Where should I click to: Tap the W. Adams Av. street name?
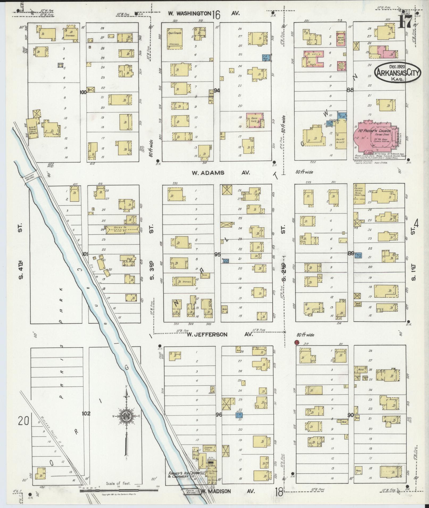(221, 173)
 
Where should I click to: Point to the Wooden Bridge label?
(31, 180)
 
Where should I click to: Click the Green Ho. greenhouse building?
(122, 229)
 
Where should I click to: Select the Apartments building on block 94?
(174, 39)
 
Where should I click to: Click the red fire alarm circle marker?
(297, 343)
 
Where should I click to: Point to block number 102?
(86, 421)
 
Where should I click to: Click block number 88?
(350, 90)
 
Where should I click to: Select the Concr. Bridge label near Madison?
(191, 492)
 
